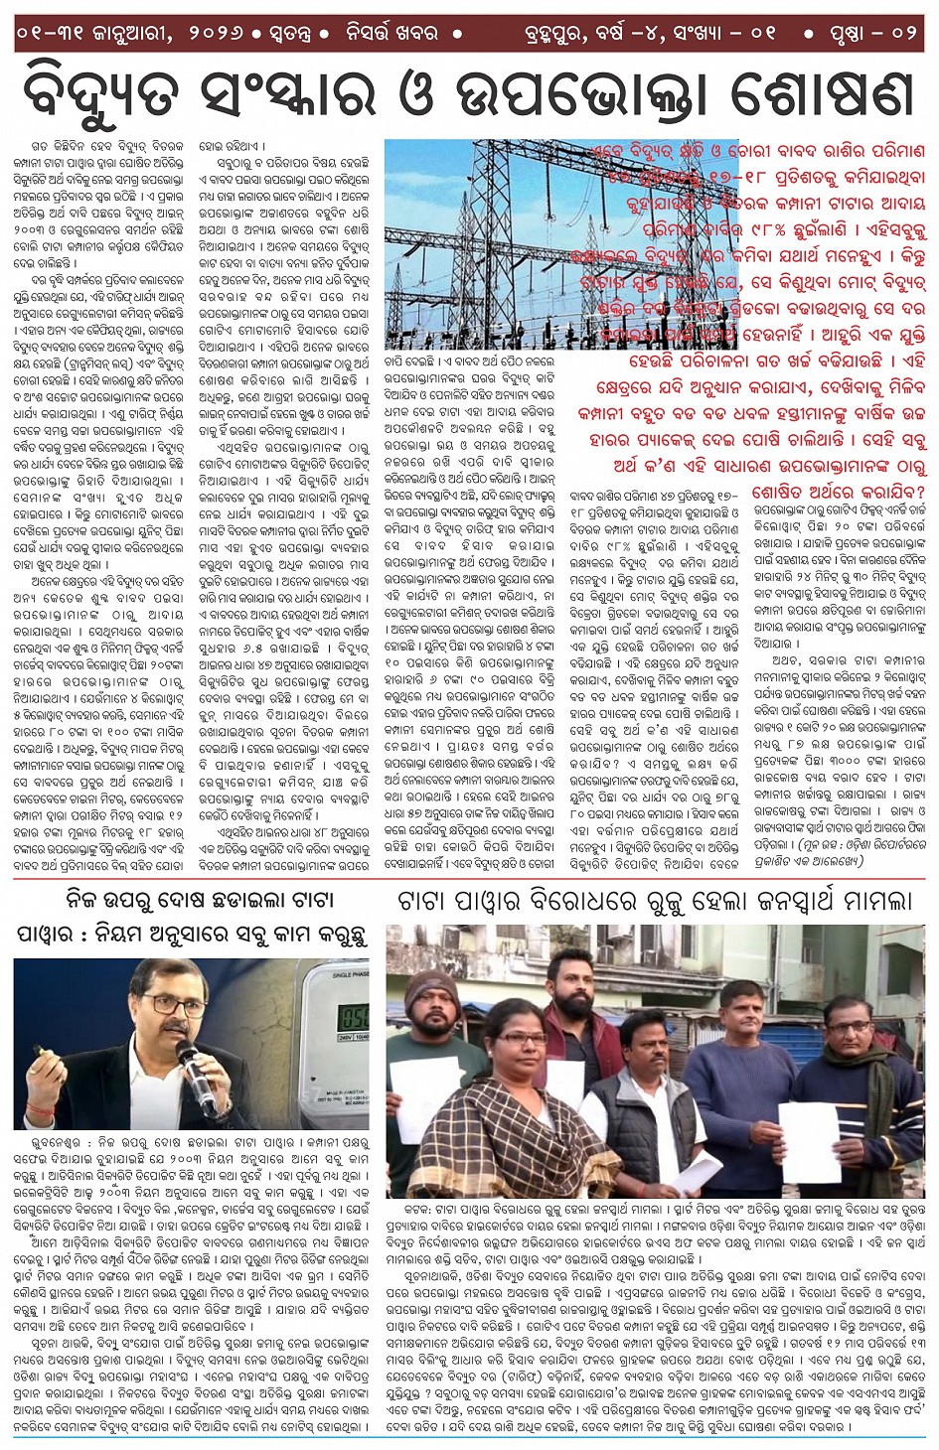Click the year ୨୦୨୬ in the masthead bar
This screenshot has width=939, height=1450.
coord(221,33)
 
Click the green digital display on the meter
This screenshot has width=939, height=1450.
coord(354,1016)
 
